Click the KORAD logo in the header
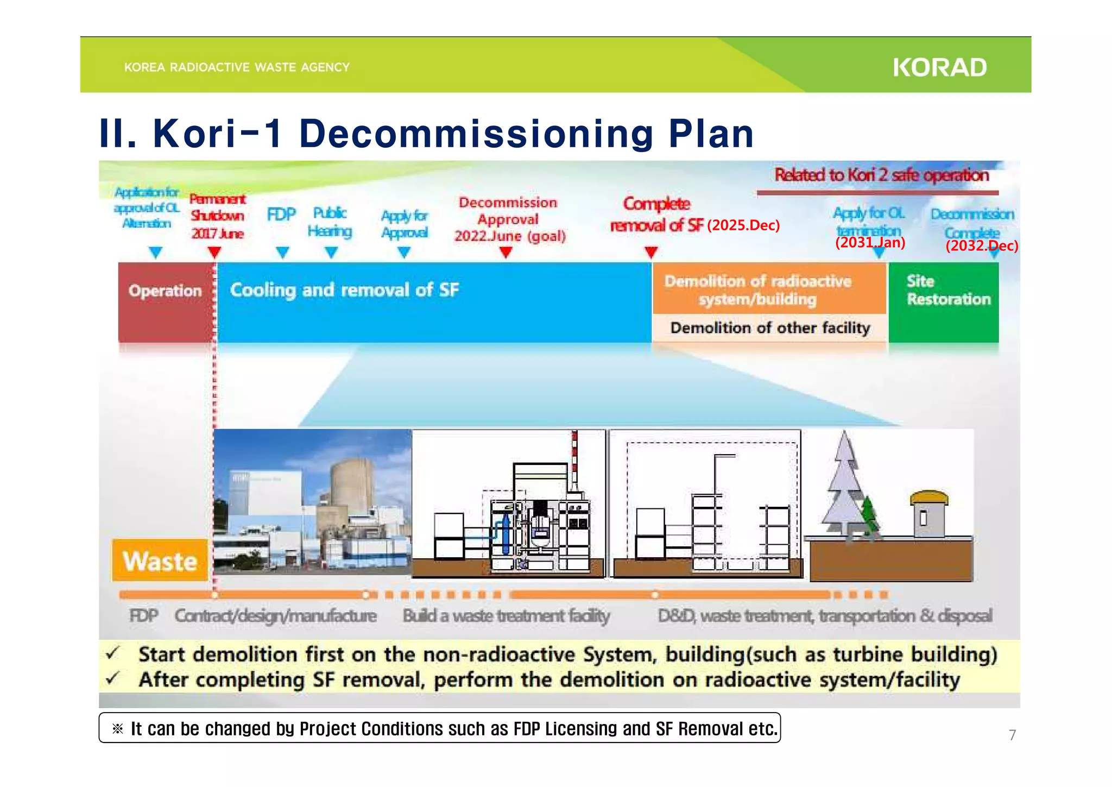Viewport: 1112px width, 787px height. click(939, 67)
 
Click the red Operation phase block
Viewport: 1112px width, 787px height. click(166, 302)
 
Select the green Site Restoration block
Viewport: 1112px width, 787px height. click(944, 302)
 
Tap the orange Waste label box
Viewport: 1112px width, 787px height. click(160, 561)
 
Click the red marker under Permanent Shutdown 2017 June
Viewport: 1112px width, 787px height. click(214, 253)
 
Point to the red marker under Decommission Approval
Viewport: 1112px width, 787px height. click(506, 253)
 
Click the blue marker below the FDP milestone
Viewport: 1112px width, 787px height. click(282, 253)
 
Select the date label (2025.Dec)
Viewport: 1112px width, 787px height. click(743, 225)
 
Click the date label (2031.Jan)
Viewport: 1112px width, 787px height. click(870, 242)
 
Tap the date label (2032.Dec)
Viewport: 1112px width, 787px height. click(982, 245)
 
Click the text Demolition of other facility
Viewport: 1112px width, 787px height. click(770, 328)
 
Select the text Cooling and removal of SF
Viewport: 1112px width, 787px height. click(344, 289)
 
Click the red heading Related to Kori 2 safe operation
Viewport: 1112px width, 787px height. click(881, 175)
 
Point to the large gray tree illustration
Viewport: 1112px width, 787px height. click(843, 489)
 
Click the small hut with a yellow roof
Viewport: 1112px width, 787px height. click(928, 513)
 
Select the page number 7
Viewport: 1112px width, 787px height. click(1012, 735)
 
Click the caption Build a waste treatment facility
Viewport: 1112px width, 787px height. click(506, 616)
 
